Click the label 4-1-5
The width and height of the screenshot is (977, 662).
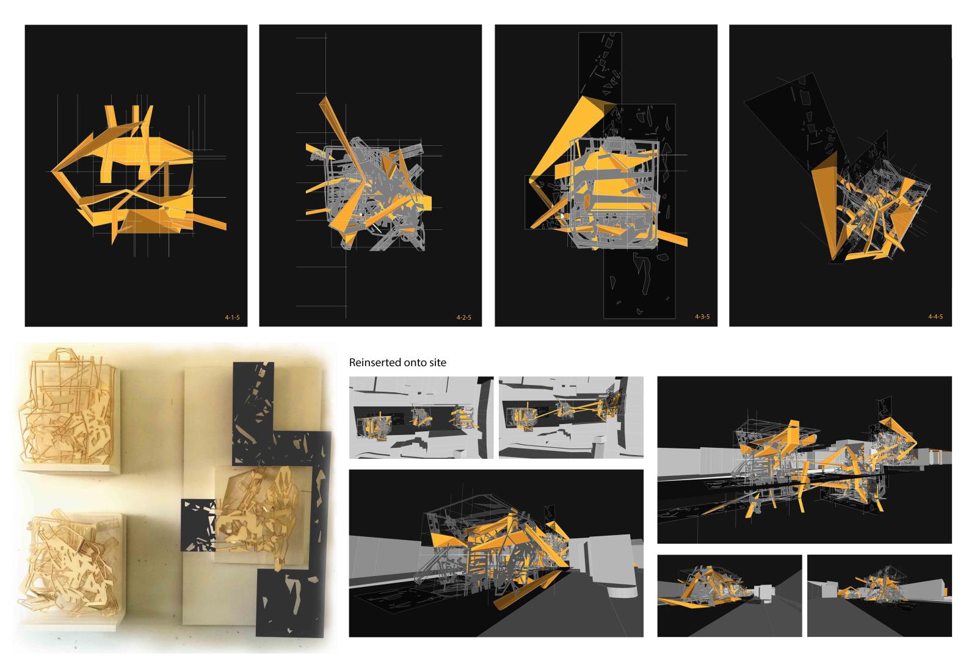point(232,317)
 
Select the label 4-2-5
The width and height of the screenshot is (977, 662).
point(463,317)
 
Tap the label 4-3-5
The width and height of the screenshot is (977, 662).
point(702,317)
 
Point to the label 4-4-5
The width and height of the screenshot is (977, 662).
point(935,317)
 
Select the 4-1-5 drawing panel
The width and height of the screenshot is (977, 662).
point(136,176)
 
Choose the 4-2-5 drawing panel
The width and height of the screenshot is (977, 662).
point(370,176)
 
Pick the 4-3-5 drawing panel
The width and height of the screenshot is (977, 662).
point(606,176)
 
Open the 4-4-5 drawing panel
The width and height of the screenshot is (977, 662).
point(840,176)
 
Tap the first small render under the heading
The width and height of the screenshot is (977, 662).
point(421,417)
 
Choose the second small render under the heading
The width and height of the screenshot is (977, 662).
point(571,417)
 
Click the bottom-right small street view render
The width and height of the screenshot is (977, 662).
point(879,595)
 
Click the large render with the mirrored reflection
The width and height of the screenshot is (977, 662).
point(804,460)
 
